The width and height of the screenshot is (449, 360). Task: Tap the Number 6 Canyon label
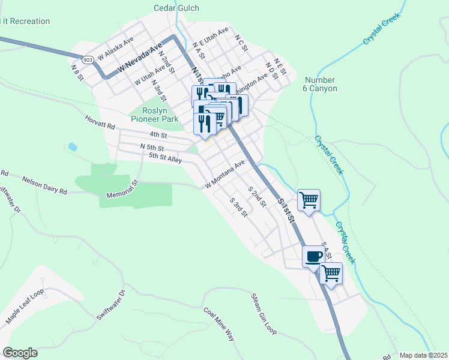(321, 84)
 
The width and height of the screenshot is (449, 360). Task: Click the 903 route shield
(88, 60)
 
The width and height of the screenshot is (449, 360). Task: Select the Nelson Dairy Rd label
(45, 185)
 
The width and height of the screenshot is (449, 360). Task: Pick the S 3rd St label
(240, 207)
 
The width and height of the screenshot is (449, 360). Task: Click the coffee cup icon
(313, 256)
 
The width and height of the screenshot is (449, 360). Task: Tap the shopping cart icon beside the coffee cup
(331, 273)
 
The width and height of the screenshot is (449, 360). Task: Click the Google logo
(20, 353)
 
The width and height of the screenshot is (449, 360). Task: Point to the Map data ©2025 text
(423, 355)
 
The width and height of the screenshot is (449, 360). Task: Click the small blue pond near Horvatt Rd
(73, 146)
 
